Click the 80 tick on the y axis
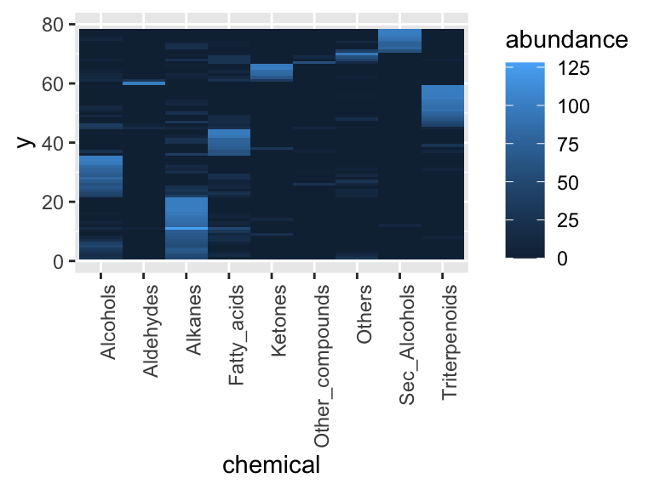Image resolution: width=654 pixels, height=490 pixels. coord(54,26)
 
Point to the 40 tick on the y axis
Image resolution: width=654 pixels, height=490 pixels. coord(54,143)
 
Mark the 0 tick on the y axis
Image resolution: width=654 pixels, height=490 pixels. coord(59,261)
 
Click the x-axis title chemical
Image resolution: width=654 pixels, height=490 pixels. coord(271,465)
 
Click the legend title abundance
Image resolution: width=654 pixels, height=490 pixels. coord(565,40)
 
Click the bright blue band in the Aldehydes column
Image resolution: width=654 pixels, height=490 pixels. coord(144,83)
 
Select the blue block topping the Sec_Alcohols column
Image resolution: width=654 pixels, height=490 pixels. coord(400,40)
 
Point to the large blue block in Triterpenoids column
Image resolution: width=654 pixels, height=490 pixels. coord(443,105)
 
